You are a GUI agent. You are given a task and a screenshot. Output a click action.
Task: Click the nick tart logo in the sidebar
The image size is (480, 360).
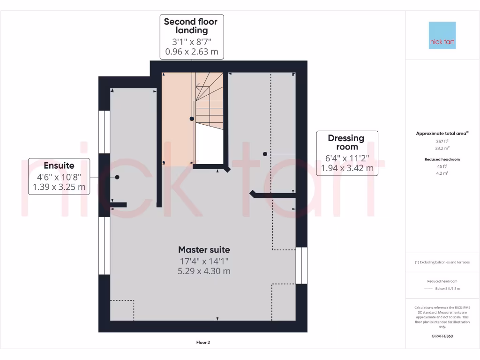[x=442, y=36]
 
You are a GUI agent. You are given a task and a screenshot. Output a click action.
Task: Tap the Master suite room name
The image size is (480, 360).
[x=204, y=249]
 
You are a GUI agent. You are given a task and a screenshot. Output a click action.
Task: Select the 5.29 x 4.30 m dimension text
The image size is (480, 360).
[x=204, y=271]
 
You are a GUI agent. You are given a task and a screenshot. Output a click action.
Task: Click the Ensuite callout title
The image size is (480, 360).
[x=59, y=165]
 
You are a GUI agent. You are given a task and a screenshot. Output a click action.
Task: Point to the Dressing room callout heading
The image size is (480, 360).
[x=346, y=142]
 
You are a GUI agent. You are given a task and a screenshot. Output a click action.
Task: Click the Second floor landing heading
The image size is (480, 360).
[x=191, y=26]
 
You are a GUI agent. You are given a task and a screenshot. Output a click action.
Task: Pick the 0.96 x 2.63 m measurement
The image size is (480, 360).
[x=191, y=52]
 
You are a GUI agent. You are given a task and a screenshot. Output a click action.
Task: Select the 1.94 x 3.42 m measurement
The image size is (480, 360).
[x=347, y=168]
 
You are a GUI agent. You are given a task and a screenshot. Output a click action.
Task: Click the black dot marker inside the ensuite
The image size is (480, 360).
[x=117, y=177]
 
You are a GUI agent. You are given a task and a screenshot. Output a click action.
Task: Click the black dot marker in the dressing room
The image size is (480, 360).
[x=265, y=154]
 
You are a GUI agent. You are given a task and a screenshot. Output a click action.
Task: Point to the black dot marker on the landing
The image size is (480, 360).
[x=192, y=119]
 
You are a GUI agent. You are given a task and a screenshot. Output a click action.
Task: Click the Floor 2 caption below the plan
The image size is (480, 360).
[x=203, y=342]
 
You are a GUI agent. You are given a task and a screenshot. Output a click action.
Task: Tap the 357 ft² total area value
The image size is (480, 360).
[x=442, y=141]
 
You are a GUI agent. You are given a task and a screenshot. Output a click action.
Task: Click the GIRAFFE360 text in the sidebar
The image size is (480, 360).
[x=442, y=336]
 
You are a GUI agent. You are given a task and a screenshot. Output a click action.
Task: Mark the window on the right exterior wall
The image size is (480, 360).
[x=301, y=265]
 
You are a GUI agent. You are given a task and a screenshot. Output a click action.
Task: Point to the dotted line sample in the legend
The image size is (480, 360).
[x=427, y=289]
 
